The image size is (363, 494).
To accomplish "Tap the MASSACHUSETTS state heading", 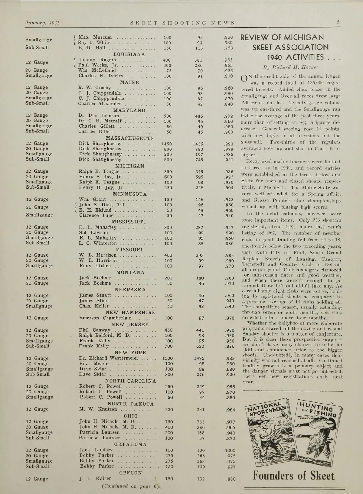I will (x=130, y=138).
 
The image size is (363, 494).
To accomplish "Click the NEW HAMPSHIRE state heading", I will (x=130, y=312).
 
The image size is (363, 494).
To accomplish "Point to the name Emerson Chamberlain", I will (x=105, y=318).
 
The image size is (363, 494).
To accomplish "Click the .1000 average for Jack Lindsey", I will (x=229, y=450).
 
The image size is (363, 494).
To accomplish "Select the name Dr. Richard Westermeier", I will (x=109, y=359).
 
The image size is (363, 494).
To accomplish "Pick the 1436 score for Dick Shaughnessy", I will (x=198, y=144).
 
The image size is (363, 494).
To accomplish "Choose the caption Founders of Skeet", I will (x=294, y=476).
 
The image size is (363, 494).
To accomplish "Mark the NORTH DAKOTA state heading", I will (x=130, y=404).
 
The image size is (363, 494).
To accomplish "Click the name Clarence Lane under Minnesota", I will (x=96, y=216).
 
